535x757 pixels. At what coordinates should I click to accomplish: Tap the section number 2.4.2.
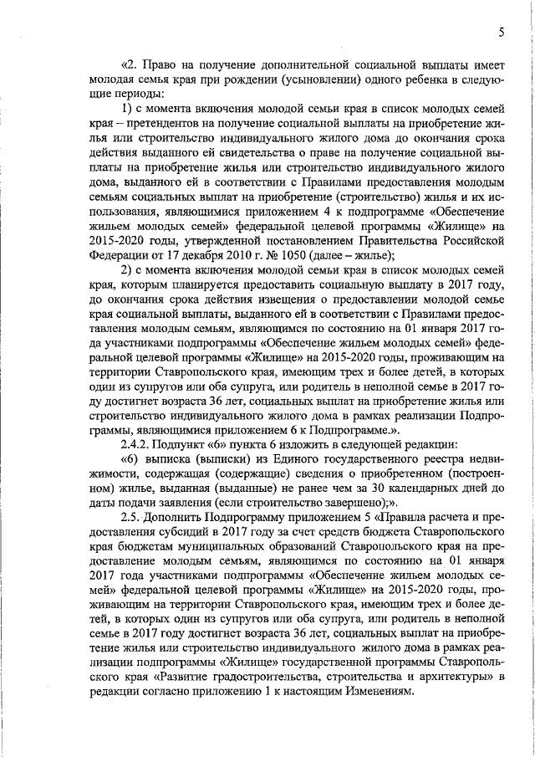[138, 444]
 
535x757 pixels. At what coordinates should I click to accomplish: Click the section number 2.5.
[132, 518]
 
